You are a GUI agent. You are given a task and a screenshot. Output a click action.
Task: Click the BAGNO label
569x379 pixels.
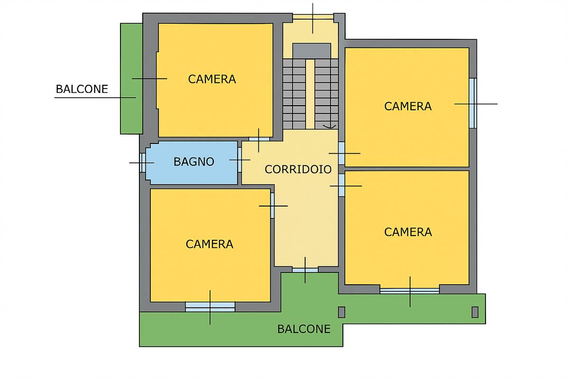pos(194,162)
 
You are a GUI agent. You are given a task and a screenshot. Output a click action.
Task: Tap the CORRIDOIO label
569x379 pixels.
pos(298,170)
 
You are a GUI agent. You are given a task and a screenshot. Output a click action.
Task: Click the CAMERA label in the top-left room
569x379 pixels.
pos(212,79)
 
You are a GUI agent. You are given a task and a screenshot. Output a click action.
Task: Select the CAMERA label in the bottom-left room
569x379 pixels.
pos(210,244)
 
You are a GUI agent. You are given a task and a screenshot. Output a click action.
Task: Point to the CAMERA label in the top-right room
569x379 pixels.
pos(408,107)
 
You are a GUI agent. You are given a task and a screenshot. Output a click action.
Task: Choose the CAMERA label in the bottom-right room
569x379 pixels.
pos(408,232)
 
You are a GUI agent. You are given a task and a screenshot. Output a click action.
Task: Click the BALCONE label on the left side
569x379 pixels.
pos(82,89)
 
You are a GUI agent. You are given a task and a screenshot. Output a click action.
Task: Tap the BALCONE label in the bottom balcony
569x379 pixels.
pos(304,329)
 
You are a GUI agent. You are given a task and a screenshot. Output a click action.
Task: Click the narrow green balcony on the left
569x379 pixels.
pos(131,79)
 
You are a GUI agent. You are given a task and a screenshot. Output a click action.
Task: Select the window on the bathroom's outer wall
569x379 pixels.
pos(143,162)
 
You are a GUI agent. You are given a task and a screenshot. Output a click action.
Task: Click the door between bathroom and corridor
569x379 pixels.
pos(239,160)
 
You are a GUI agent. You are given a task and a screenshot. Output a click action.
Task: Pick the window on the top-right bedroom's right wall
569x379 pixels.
pos(473,103)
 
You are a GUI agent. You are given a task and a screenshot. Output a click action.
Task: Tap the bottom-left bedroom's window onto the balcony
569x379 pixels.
pos(210,307)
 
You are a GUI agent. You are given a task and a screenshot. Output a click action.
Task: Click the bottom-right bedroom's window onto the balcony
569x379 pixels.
pos(410,291)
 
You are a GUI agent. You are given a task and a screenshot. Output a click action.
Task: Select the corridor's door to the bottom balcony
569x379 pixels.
pos(305,270)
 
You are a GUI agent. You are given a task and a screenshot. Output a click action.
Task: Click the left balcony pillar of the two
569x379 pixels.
pos(342,312)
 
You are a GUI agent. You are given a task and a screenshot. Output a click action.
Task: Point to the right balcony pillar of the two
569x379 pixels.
pos(475,312)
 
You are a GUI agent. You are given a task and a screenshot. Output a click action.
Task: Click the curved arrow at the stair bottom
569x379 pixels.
pos(330,126)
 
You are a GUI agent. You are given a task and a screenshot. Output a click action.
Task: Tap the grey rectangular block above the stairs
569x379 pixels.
pos(312,51)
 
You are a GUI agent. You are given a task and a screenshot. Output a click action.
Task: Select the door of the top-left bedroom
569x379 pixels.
pos(259,139)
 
